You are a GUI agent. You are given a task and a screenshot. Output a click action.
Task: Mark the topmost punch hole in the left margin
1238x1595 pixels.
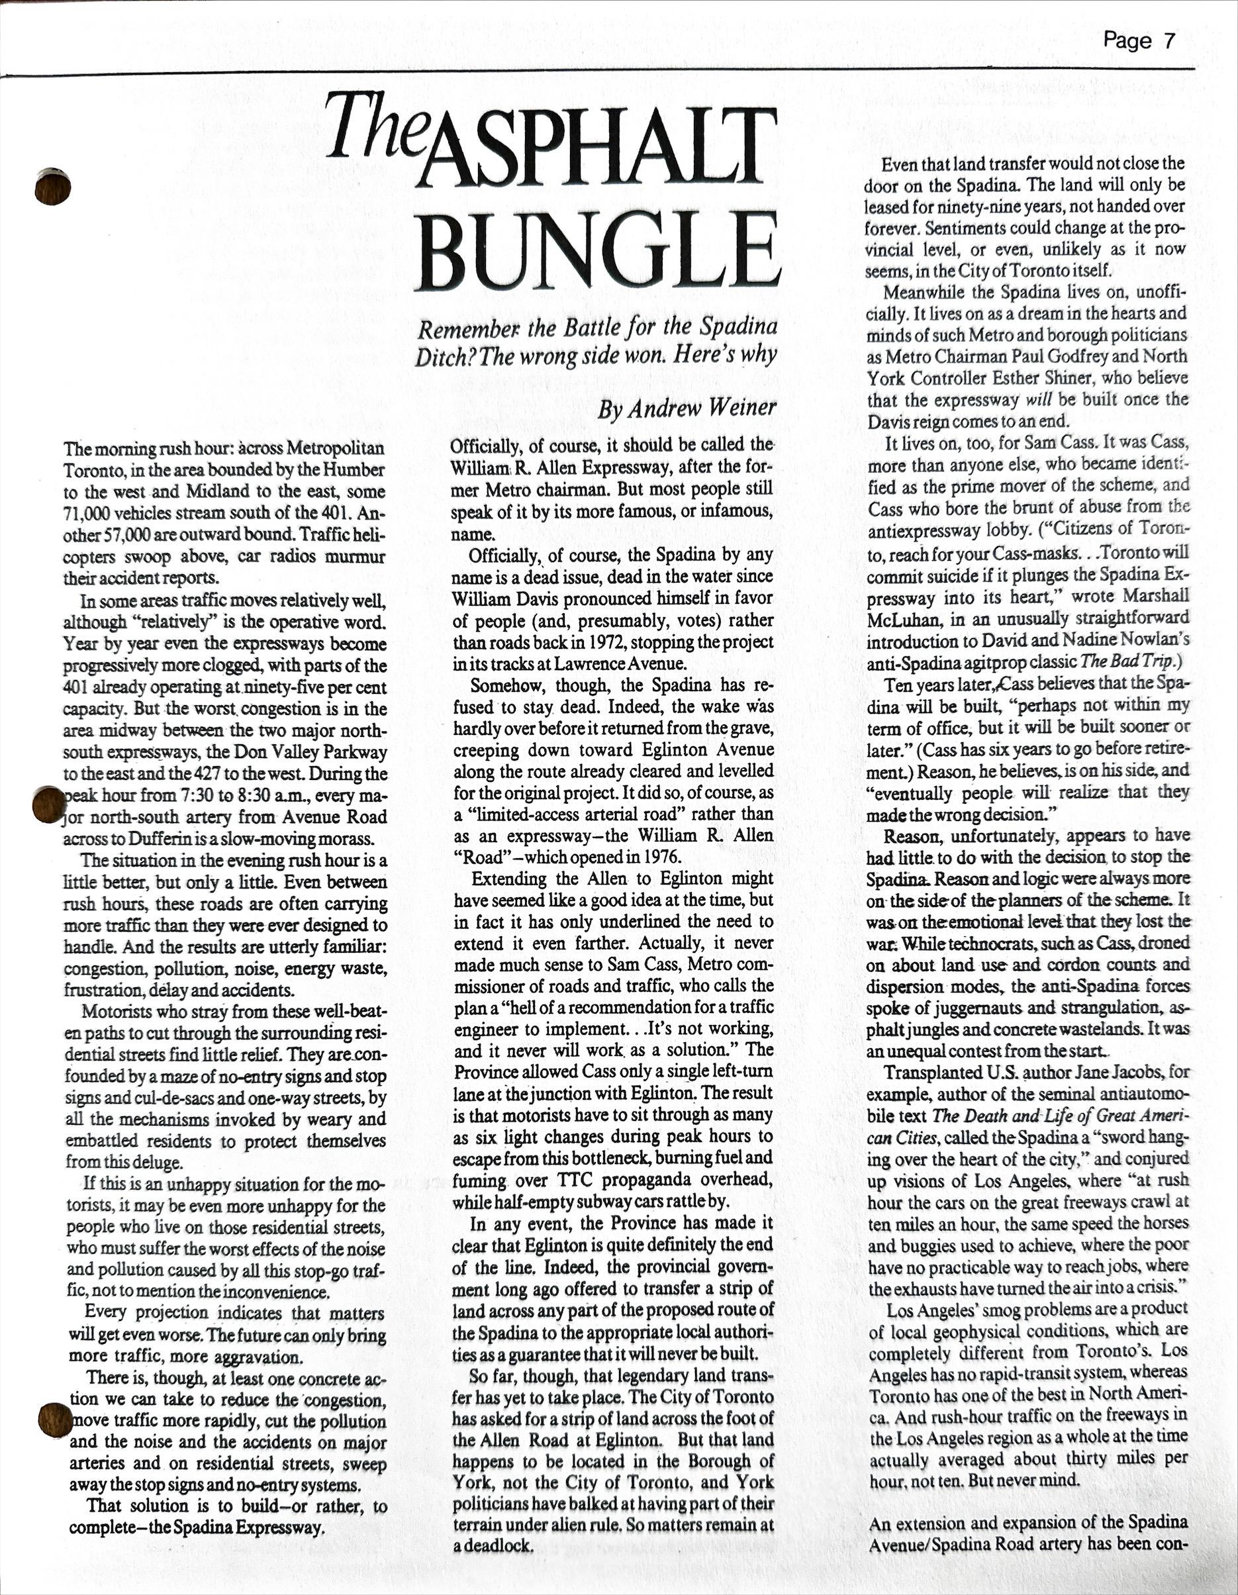click(x=52, y=186)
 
